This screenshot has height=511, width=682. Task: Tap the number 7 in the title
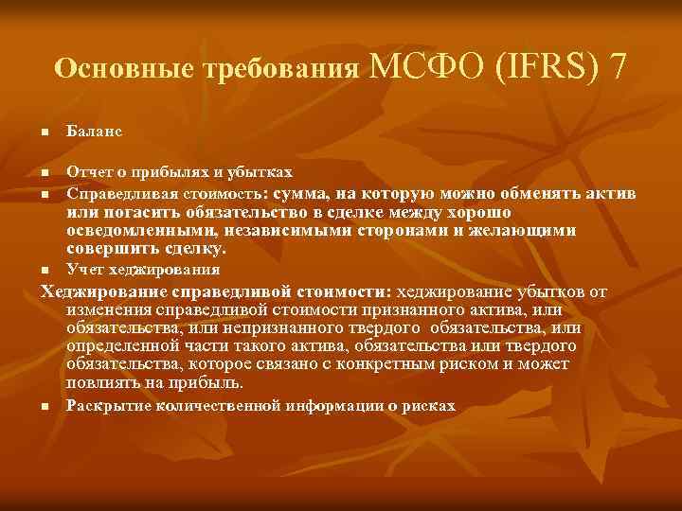coord(619,67)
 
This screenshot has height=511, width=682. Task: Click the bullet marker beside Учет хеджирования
coord(44,270)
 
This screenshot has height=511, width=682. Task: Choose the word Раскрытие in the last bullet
coord(106,405)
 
